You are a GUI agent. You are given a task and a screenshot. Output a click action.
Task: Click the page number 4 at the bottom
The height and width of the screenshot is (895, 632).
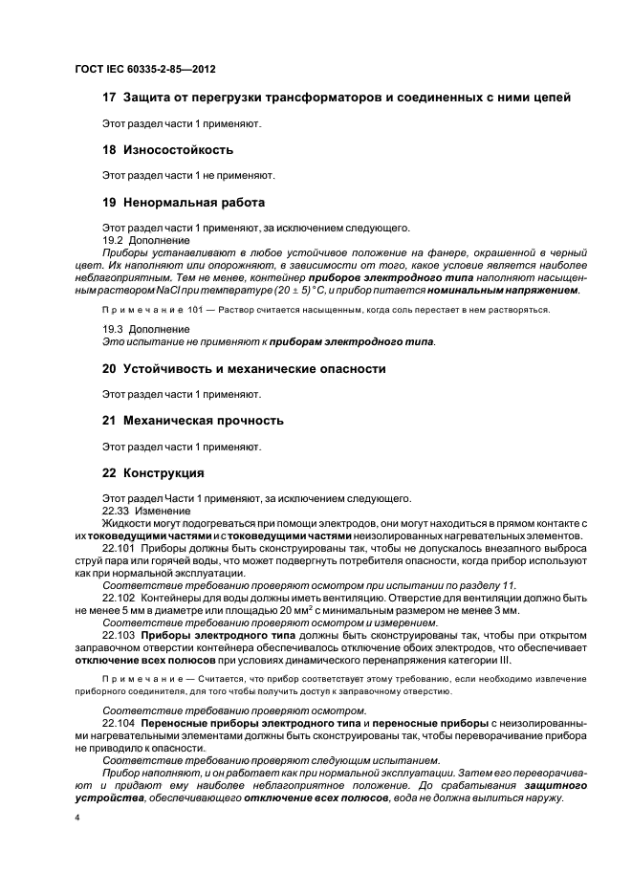pos(77,819)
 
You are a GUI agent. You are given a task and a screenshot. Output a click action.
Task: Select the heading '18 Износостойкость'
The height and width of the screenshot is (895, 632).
pos(167,150)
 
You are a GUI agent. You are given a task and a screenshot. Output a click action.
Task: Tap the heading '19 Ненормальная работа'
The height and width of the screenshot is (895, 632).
pos(184,203)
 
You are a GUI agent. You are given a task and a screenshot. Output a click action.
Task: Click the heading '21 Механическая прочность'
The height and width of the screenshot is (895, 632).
pos(193,421)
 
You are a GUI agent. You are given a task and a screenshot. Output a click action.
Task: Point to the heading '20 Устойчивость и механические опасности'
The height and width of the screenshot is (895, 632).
pos(244,368)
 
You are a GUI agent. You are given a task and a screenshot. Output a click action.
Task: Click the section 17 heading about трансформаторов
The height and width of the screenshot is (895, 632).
pos(336,98)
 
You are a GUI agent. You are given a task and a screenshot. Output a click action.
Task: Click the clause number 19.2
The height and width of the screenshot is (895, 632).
pos(113,240)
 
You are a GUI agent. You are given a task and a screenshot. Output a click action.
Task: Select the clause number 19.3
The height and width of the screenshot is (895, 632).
pos(113,329)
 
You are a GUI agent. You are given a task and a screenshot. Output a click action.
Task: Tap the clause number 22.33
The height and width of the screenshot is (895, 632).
pos(116,511)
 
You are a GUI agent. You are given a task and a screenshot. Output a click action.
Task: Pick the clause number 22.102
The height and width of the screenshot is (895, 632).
pos(119,597)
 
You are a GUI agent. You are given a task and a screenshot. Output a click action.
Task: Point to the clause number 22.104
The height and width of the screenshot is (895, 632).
pos(119,724)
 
